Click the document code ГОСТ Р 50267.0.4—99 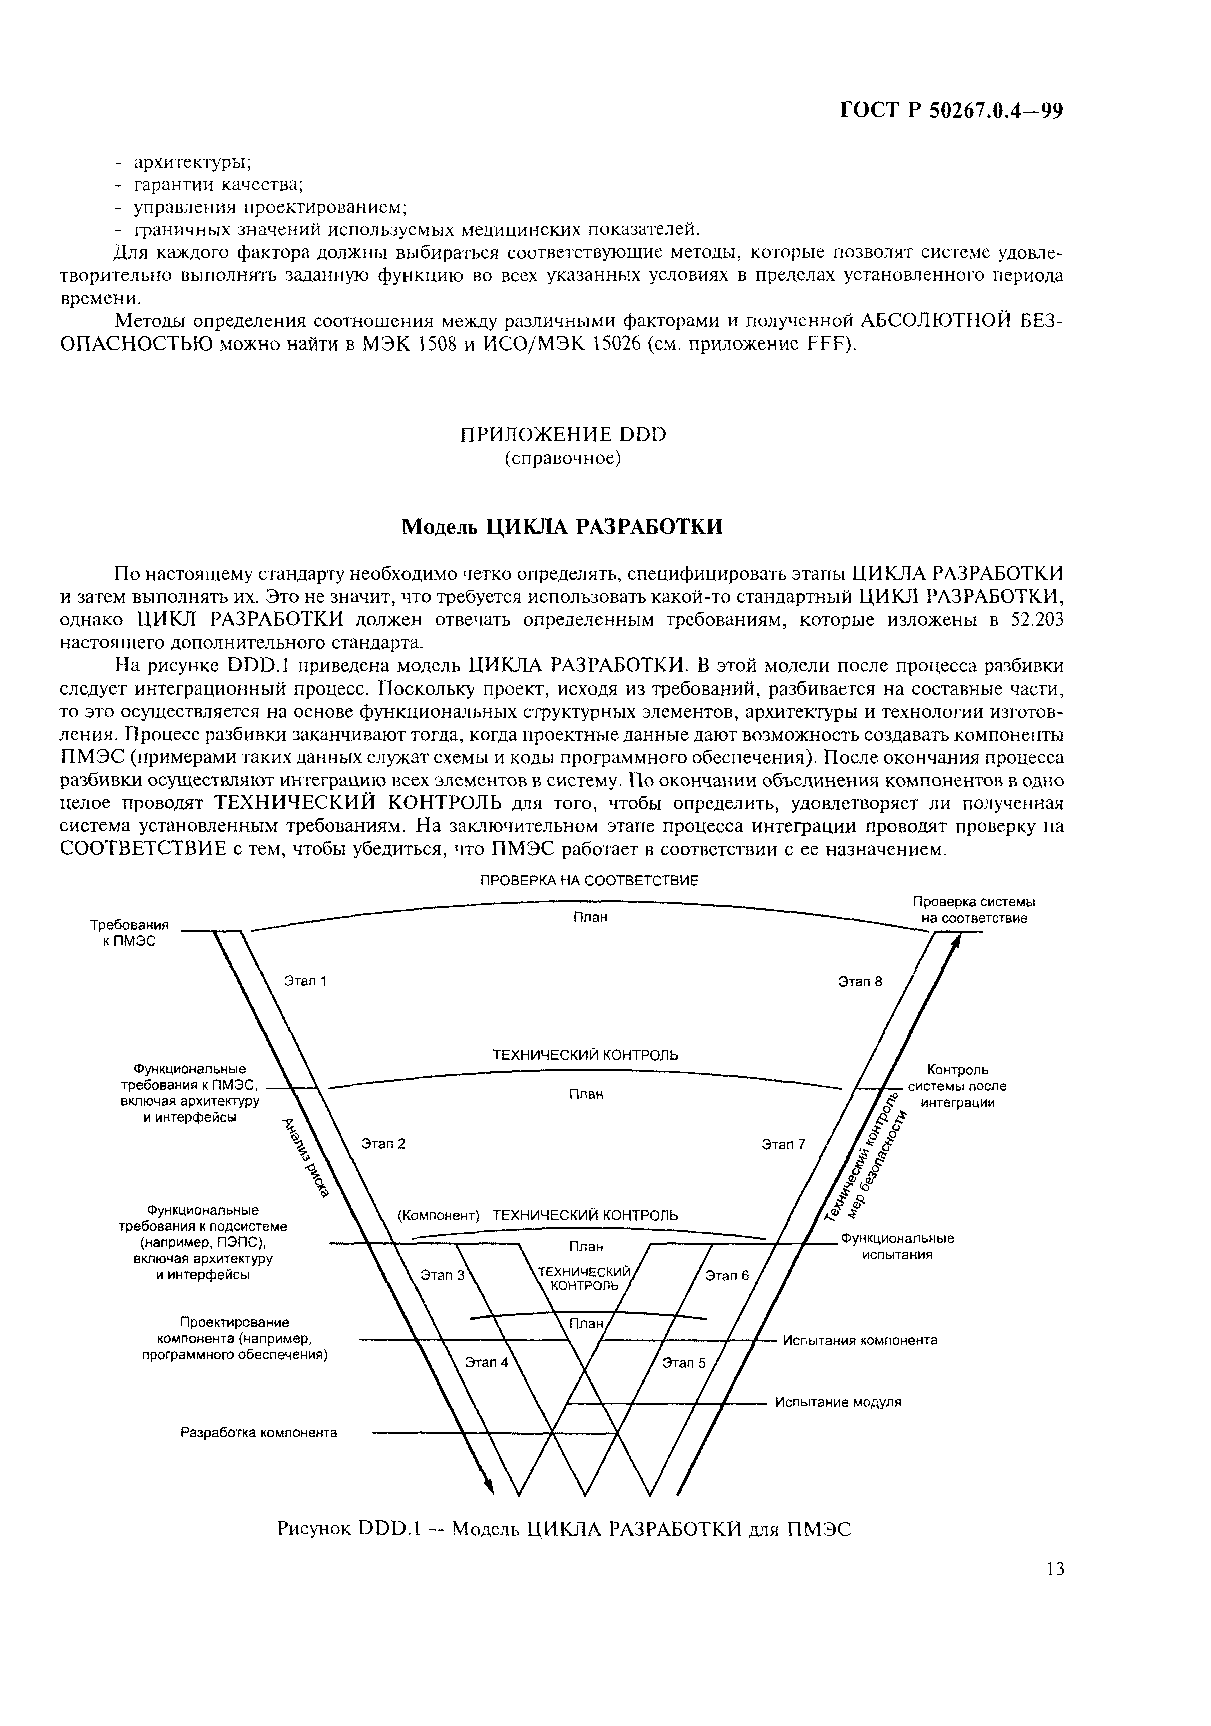tap(950, 111)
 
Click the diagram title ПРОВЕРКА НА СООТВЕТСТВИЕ tap(589, 880)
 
